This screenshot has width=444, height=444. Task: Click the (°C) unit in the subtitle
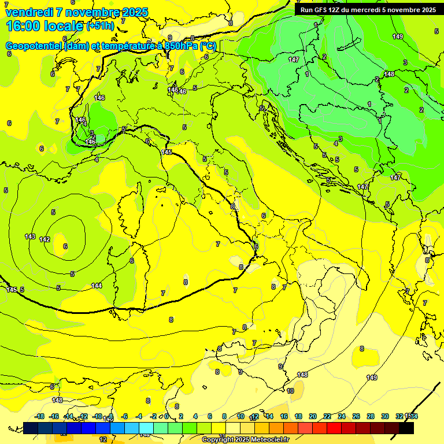(208, 46)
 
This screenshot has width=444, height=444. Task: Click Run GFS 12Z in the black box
(321, 10)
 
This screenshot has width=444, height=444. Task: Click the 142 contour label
(45, 239)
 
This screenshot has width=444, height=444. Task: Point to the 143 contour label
(30, 236)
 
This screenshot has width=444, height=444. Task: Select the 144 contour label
(97, 286)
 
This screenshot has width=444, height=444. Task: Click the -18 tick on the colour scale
(40, 416)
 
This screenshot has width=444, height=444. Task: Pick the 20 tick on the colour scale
(313, 416)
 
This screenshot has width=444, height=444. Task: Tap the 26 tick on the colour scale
(356, 416)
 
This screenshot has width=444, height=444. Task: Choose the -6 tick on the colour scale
(124, 416)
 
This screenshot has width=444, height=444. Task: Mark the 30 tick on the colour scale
(385, 416)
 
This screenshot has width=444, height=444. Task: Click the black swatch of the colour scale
(406, 427)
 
